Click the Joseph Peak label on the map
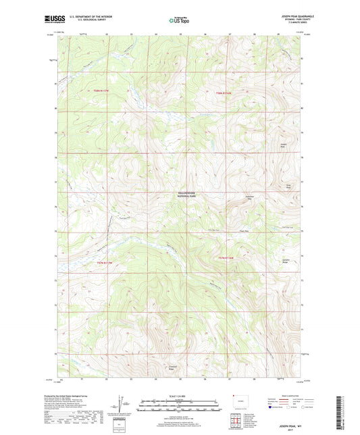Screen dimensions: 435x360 283,147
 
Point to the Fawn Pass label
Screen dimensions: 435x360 236,229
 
